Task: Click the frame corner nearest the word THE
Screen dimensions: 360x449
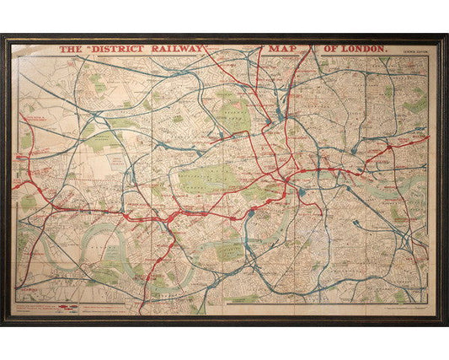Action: pyautogui.click(x=3, y=37)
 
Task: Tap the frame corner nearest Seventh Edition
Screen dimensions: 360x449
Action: pyautogui.click(x=445, y=37)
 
